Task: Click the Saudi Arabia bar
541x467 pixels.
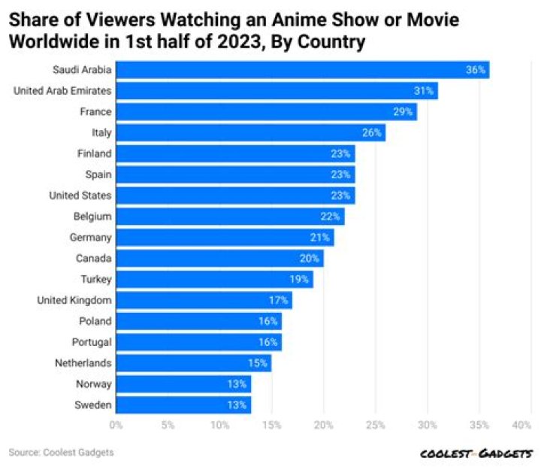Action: click(301, 70)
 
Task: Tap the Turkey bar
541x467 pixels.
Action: click(214, 280)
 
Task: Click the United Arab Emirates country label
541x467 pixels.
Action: click(63, 91)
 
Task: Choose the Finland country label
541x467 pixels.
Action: click(94, 154)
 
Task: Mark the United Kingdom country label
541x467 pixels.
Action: click(74, 301)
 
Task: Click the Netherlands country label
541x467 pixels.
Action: click(83, 363)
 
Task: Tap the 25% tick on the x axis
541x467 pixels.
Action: click(375, 426)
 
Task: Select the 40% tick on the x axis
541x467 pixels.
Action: click(521, 426)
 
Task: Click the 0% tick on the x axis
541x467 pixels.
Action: click(116, 426)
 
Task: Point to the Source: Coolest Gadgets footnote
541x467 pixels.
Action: click(61, 453)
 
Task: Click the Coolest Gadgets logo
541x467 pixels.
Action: click(476, 453)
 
